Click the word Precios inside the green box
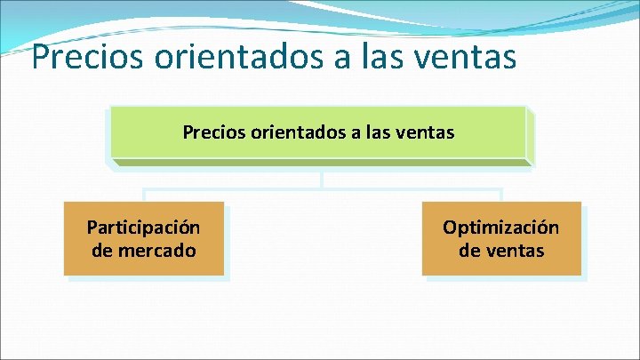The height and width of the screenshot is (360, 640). (x=213, y=133)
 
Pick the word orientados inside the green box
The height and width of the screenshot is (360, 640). (x=298, y=133)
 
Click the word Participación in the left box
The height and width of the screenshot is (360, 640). (x=143, y=228)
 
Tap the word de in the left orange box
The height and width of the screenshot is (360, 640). (x=101, y=251)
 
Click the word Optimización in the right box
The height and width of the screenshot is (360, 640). (x=501, y=228)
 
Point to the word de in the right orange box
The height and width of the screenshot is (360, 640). (x=468, y=251)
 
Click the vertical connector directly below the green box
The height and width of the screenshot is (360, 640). (x=321, y=177)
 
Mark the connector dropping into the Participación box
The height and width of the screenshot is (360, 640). (x=144, y=196)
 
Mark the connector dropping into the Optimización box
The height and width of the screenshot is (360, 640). (x=501, y=196)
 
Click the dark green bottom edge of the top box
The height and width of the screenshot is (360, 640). (x=321, y=163)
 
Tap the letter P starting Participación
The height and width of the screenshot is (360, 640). (x=92, y=228)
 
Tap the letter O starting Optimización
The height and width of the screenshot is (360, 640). (x=449, y=228)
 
